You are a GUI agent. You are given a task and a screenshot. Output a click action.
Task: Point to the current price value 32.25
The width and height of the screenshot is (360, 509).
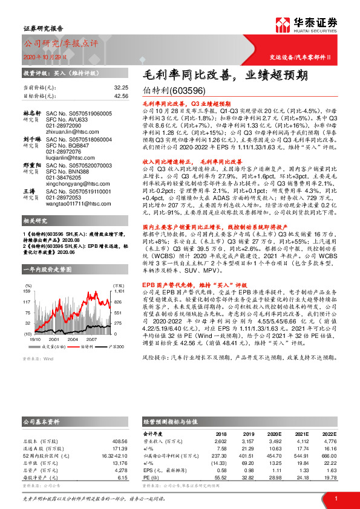click(121, 88)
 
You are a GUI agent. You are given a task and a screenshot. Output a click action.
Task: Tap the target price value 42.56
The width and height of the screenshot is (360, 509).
click(121, 96)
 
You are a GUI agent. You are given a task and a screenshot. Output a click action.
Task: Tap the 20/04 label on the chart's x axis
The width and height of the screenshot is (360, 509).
click(74, 340)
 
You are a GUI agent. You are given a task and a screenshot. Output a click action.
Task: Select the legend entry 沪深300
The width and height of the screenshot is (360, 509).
click(116, 346)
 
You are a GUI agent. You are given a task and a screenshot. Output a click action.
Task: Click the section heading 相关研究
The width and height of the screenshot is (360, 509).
click(34, 204)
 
